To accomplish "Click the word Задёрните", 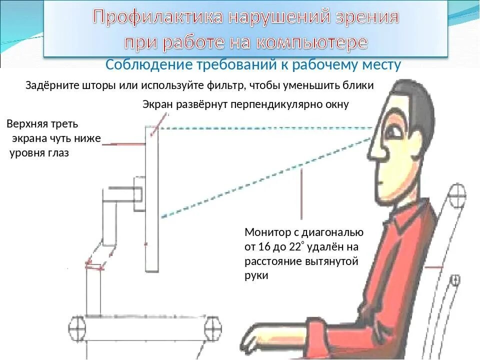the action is pyautogui.click(x=49, y=85).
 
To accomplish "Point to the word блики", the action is pyautogui.click(x=357, y=85).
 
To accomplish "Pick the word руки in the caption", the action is pyautogui.click(x=256, y=275).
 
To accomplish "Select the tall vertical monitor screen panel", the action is pyautogui.click(x=151, y=200).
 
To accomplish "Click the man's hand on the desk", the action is pyautogui.click(x=250, y=345).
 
